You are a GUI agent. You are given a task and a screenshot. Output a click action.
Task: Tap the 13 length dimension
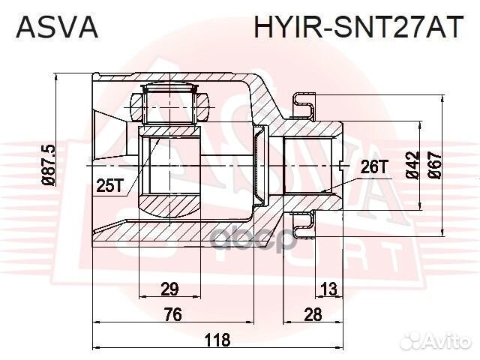pyautogui.click(x=328, y=289)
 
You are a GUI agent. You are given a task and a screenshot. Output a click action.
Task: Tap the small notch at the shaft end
pyautogui.click(x=340, y=163)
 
